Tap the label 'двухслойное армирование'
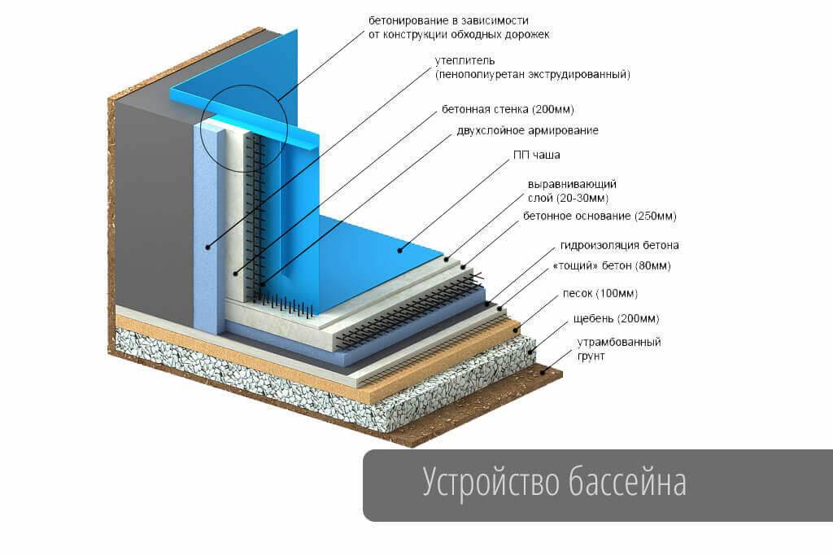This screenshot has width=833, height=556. (520, 130)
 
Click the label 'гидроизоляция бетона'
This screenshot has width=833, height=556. (619, 245)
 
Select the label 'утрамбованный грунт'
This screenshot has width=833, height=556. (618, 348)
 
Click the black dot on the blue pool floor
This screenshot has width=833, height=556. (400, 250)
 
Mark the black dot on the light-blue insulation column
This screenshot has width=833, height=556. (208, 247)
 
